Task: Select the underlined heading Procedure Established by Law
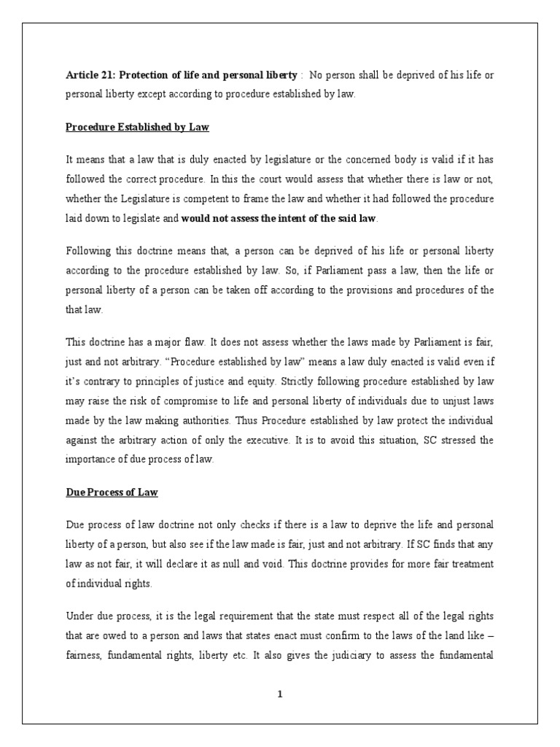click(x=137, y=127)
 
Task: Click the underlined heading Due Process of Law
click(x=112, y=492)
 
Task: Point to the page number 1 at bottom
click(x=279, y=694)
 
